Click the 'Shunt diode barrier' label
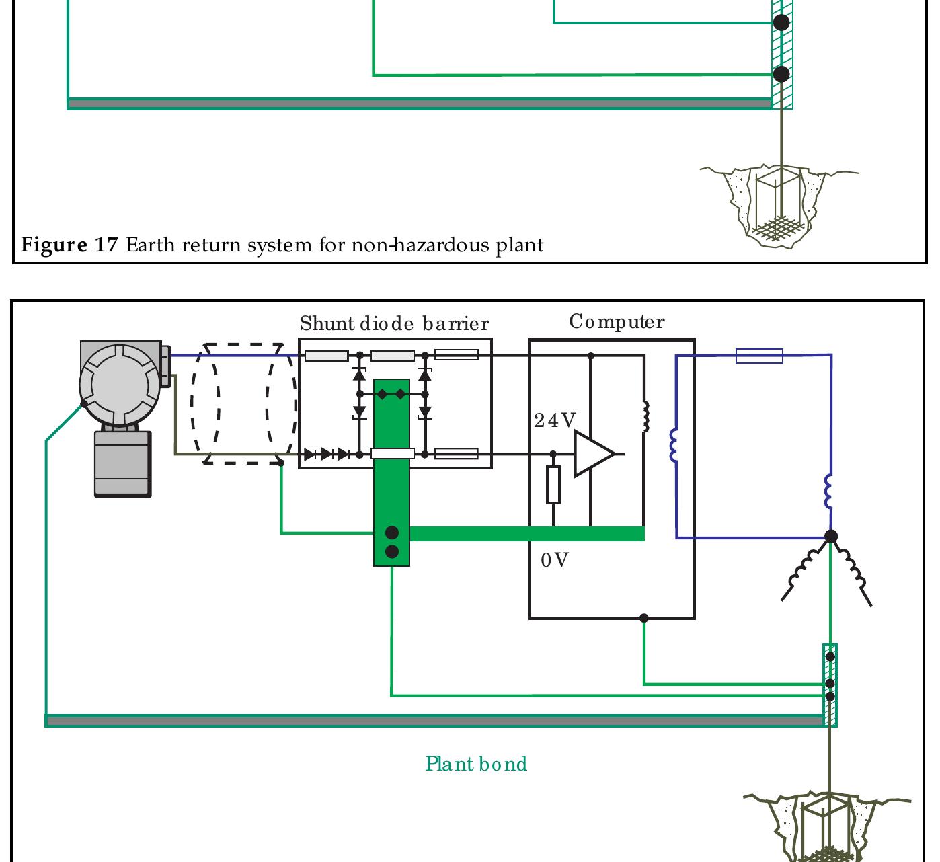point(395,324)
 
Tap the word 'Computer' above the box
point(617,322)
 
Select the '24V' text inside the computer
point(555,421)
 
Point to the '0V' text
point(555,560)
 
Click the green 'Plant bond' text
point(476,765)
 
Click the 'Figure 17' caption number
point(69,245)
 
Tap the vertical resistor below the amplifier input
point(553,485)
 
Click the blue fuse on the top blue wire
point(759,356)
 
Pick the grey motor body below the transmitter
point(122,464)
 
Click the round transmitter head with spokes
point(119,384)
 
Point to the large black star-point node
point(831,537)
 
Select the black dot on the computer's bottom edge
point(643,618)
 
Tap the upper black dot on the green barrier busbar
point(392,533)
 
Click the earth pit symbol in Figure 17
point(779,205)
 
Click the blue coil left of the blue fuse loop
point(674,446)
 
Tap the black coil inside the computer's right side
point(645,417)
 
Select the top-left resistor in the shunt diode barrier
point(326,356)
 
